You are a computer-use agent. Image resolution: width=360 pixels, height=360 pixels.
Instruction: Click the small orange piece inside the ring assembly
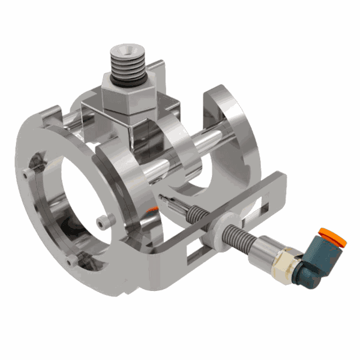tap(154, 209)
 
